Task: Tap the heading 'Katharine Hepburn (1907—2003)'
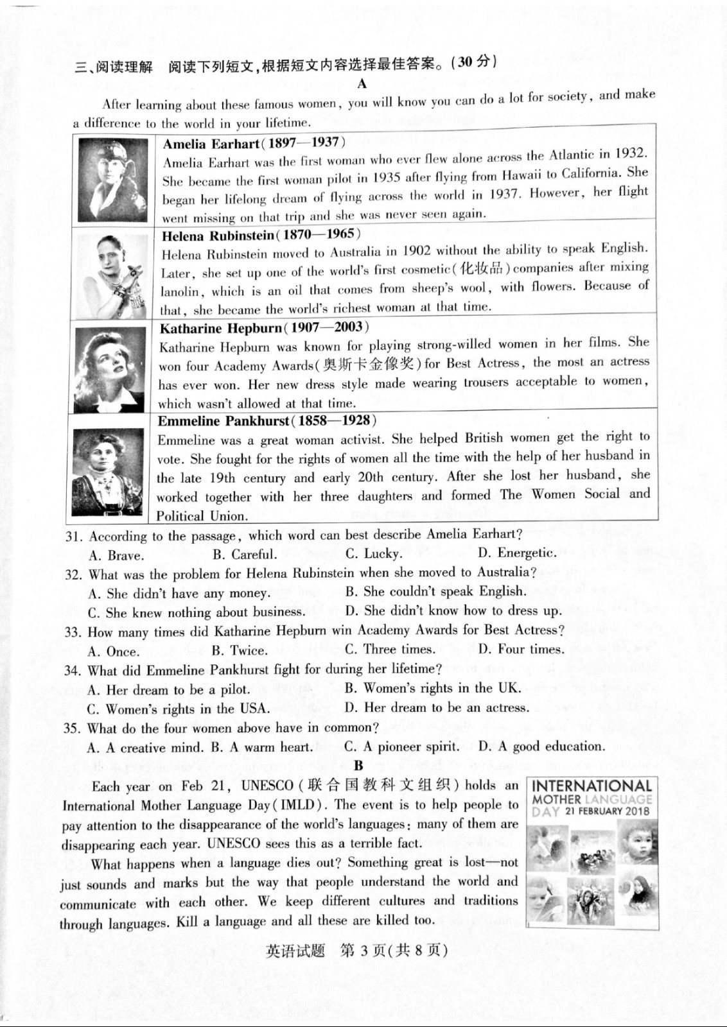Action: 264,328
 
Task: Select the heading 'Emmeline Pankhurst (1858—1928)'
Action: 267,421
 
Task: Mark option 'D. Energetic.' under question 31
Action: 517,553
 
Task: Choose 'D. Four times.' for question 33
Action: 521,649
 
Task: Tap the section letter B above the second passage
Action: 358,765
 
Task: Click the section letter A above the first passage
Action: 362,83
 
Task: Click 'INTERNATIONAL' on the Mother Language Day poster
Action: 592,786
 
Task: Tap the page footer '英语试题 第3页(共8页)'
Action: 356,951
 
